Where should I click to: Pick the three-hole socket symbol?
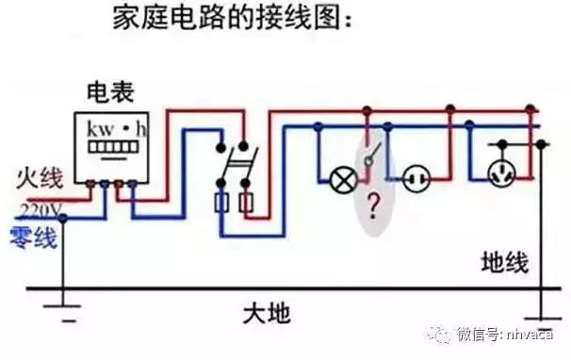click(x=499, y=172)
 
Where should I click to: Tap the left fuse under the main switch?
click(x=224, y=203)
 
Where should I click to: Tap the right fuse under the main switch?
click(x=248, y=203)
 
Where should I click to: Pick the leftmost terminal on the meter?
click(x=91, y=186)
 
